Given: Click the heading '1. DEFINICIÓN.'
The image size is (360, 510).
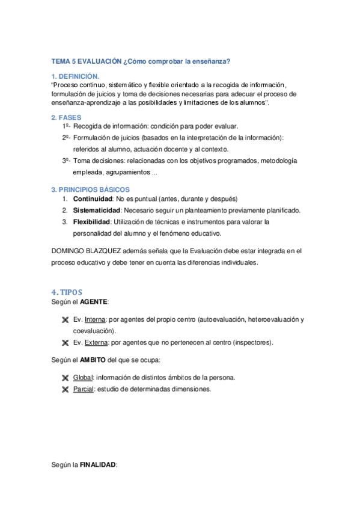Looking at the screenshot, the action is coord(75,76).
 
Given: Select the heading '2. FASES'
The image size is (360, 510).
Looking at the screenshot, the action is coord(66,117).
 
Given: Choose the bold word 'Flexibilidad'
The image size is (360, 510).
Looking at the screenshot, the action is coord(93,222).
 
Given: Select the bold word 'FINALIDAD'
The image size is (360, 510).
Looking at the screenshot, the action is coord(98,465).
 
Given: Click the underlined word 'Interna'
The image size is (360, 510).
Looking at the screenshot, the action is coord(96,319).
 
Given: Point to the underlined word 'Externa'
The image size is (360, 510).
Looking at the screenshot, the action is coord(97,343).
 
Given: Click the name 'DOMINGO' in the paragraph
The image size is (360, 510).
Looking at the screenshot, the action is coord(71,251).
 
